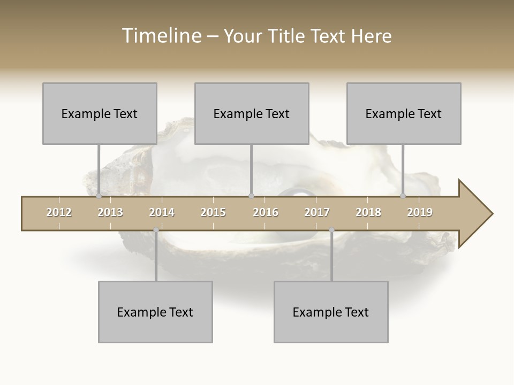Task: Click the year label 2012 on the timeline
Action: tap(59, 212)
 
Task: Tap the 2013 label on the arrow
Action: tap(110, 212)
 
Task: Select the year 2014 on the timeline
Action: tap(162, 212)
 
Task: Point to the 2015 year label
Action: tap(213, 212)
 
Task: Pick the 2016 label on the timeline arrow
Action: tap(266, 212)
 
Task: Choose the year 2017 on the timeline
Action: tap(317, 212)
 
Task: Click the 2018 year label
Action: tap(368, 212)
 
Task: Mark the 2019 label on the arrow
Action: tap(420, 212)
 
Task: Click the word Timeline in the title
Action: tap(161, 36)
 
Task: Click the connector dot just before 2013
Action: tap(99, 196)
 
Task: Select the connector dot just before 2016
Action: tap(251, 196)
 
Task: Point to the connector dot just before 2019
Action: tap(403, 196)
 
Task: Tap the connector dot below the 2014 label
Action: tap(156, 230)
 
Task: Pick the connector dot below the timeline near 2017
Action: tap(331, 230)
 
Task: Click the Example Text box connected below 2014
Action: tap(155, 312)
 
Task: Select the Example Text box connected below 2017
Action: tap(331, 312)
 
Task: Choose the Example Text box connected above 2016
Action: tap(252, 113)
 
